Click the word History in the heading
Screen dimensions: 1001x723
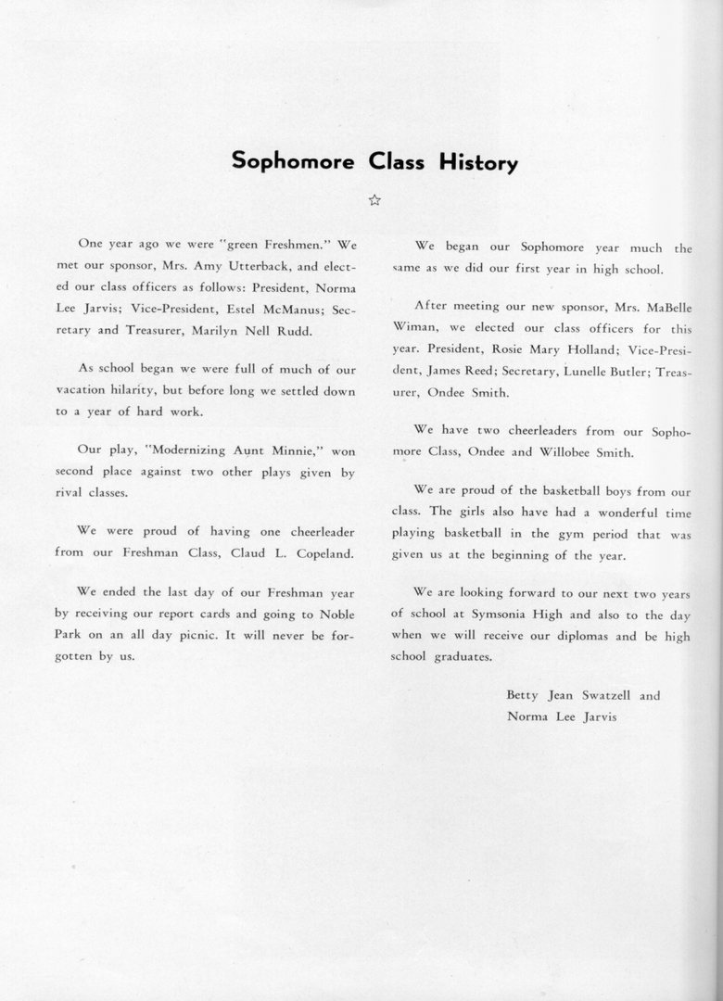coord(476,162)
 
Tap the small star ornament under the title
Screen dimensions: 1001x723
coord(374,199)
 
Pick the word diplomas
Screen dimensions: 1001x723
coord(564,636)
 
